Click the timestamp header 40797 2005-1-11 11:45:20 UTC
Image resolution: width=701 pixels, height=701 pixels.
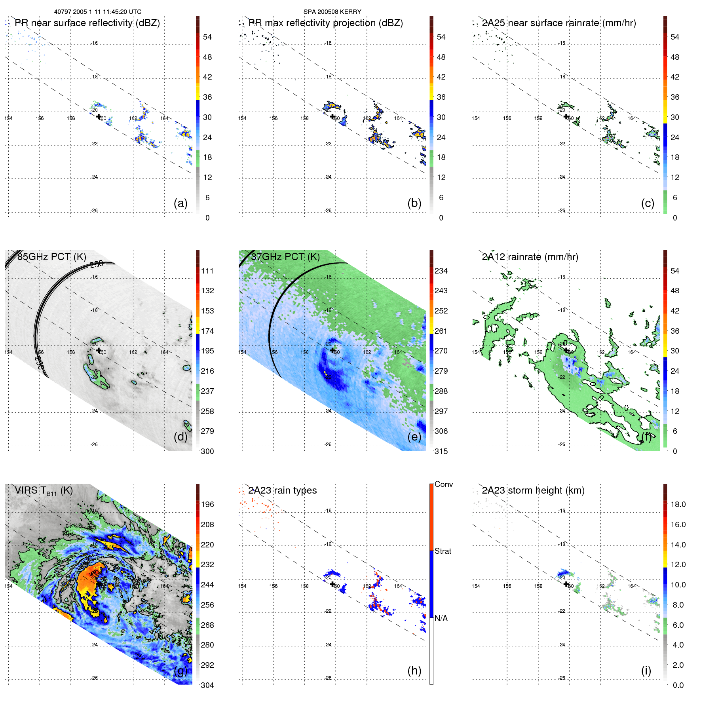(x=98, y=12)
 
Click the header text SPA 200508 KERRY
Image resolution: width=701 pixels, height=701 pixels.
(x=332, y=12)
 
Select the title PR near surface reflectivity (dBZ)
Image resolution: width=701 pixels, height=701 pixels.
(x=87, y=23)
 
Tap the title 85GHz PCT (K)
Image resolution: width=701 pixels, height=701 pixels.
(x=51, y=257)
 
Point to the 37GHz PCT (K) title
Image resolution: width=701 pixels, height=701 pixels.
(x=285, y=257)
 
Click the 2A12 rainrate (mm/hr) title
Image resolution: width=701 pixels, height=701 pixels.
(x=530, y=257)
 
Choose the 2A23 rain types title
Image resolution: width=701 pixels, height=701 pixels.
(x=282, y=490)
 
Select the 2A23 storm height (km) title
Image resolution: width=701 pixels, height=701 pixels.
(x=533, y=490)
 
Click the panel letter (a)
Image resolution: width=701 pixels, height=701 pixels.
(x=180, y=203)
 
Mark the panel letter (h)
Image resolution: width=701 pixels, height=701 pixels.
(x=414, y=671)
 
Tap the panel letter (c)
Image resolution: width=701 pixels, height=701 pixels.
(x=648, y=203)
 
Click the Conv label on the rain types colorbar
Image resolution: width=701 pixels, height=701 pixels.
(x=444, y=484)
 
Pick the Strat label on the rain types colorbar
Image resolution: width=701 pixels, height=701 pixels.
(x=443, y=551)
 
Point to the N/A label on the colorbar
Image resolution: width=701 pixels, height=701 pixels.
(x=441, y=618)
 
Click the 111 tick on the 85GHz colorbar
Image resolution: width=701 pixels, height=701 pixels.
(x=207, y=271)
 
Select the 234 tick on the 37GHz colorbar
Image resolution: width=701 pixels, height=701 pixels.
(x=441, y=271)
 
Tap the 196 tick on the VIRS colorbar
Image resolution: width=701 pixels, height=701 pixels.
(x=207, y=504)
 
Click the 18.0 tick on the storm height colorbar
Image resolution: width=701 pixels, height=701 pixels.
(x=678, y=504)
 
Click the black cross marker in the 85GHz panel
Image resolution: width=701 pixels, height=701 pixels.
(x=99, y=350)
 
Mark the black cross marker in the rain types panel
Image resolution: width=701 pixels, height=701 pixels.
(x=332, y=584)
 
